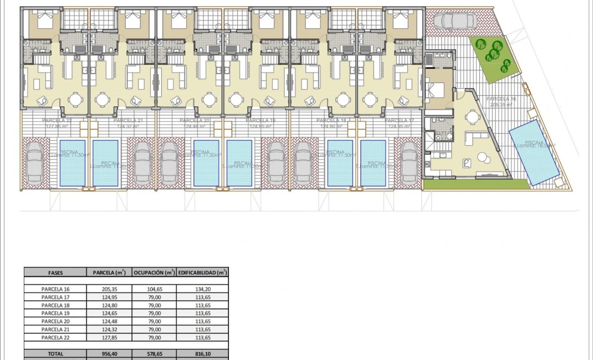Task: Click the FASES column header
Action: [x=55, y=272]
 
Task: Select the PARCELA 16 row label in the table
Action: [x=55, y=289]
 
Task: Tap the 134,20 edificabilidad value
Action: [x=202, y=289]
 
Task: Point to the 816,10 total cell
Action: [x=202, y=353]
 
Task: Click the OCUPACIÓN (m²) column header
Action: [x=154, y=272]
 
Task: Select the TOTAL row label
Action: [x=55, y=353]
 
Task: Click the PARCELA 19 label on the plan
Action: [x=257, y=120]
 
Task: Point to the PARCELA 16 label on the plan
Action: [x=500, y=99]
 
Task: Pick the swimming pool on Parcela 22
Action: [x=71, y=162]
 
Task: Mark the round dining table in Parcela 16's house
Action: [x=472, y=116]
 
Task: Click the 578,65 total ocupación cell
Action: [x=154, y=353]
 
